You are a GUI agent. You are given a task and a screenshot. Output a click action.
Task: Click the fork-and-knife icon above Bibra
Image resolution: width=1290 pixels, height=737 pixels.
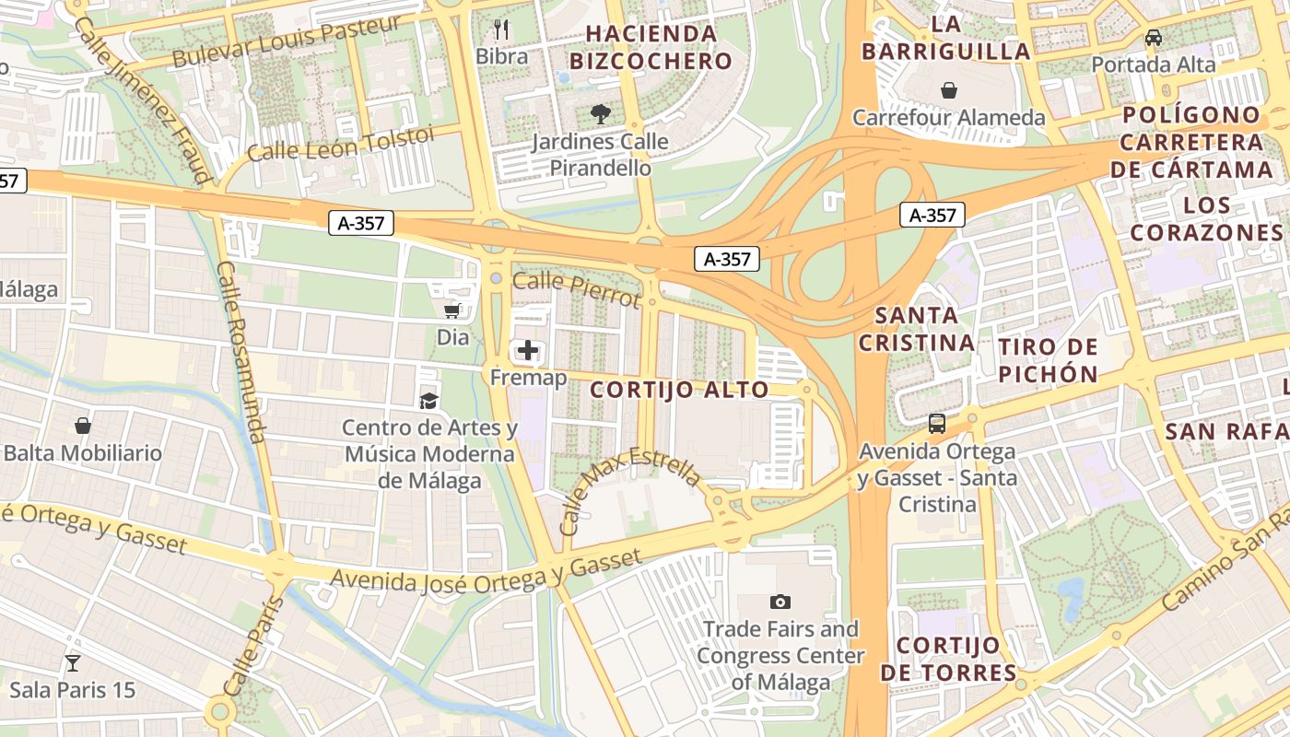tap(501, 29)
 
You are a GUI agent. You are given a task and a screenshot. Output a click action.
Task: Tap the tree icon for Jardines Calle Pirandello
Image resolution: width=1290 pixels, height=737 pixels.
tap(601, 114)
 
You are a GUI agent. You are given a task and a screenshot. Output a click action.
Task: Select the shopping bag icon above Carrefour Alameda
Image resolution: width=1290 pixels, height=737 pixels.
tap(949, 90)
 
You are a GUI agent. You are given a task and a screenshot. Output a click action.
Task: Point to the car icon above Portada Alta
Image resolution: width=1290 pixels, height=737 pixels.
tap(1153, 38)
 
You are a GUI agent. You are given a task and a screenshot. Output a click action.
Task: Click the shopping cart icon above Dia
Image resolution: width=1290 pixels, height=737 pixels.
tap(452, 310)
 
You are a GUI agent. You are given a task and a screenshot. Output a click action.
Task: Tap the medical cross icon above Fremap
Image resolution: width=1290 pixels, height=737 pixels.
tap(528, 350)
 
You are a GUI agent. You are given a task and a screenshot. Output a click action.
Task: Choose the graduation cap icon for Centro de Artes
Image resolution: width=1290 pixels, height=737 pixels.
tap(428, 401)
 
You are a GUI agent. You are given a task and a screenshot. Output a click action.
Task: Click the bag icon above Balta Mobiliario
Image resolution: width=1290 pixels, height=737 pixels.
tap(83, 426)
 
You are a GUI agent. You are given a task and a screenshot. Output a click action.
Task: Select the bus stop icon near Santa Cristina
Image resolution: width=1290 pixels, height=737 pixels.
tap(937, 424)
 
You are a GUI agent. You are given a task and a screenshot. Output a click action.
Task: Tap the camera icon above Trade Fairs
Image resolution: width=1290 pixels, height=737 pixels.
tap(780, 602)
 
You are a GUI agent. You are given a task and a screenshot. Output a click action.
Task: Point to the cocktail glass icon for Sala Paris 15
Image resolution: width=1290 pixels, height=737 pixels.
tap(72, 662)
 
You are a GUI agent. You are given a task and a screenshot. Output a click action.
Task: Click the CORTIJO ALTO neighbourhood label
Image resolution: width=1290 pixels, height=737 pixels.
tap(679, 390)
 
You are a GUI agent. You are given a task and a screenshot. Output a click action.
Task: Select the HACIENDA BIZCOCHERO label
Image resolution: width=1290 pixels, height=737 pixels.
tap(651, 48)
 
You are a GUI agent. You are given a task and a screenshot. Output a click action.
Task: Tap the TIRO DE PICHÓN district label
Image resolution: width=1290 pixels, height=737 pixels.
tap(1049, 360)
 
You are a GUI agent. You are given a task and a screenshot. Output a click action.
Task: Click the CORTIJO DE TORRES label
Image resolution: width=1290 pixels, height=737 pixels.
tap(948, 659)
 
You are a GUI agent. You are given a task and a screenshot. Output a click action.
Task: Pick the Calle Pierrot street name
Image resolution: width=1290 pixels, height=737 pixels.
tap(576, 290)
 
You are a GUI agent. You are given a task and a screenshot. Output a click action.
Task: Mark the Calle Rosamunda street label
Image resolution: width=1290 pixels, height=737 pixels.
tap(241, 351)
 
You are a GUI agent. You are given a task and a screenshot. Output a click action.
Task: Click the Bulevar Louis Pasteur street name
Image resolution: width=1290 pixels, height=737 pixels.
tap(287, 41)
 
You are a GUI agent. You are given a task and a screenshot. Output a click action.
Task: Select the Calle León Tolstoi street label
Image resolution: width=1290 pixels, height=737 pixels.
tap(340, 144)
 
